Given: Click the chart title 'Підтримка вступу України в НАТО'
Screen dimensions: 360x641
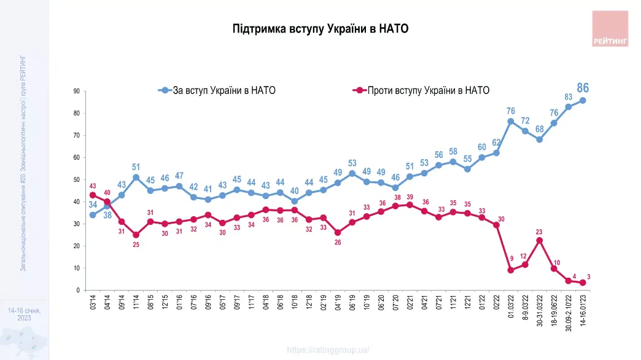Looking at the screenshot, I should pos(320,29).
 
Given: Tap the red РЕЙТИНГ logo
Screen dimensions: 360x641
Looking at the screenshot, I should pos(610,29).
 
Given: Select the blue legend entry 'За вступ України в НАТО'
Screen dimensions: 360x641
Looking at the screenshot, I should pos(217,90).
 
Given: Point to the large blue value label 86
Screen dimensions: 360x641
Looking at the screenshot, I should pos(582,88).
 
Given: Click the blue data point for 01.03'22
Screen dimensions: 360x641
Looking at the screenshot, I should pos(511,122).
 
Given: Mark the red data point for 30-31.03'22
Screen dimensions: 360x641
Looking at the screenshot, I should pos(539,240).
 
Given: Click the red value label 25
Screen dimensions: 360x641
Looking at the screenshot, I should pos(136,245).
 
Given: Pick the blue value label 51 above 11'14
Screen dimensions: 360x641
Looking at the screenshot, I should pos(136,167).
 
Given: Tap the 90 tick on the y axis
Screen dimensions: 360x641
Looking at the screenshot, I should pos(77,92).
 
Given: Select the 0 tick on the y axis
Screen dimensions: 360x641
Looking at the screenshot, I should pos(78,290).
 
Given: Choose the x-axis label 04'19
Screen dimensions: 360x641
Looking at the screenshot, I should pos(337,303).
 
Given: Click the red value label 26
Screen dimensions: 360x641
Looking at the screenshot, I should pos(337,243).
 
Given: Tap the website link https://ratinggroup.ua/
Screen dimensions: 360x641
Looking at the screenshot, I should pos(328,350).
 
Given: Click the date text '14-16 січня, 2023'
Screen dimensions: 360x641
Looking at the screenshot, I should pos(24,315).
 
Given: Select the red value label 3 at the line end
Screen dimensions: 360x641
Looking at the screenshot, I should pos(588,278).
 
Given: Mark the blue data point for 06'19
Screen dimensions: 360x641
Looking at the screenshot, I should pos(352,174).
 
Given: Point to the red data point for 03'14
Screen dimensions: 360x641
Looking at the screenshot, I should pos(93,195).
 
